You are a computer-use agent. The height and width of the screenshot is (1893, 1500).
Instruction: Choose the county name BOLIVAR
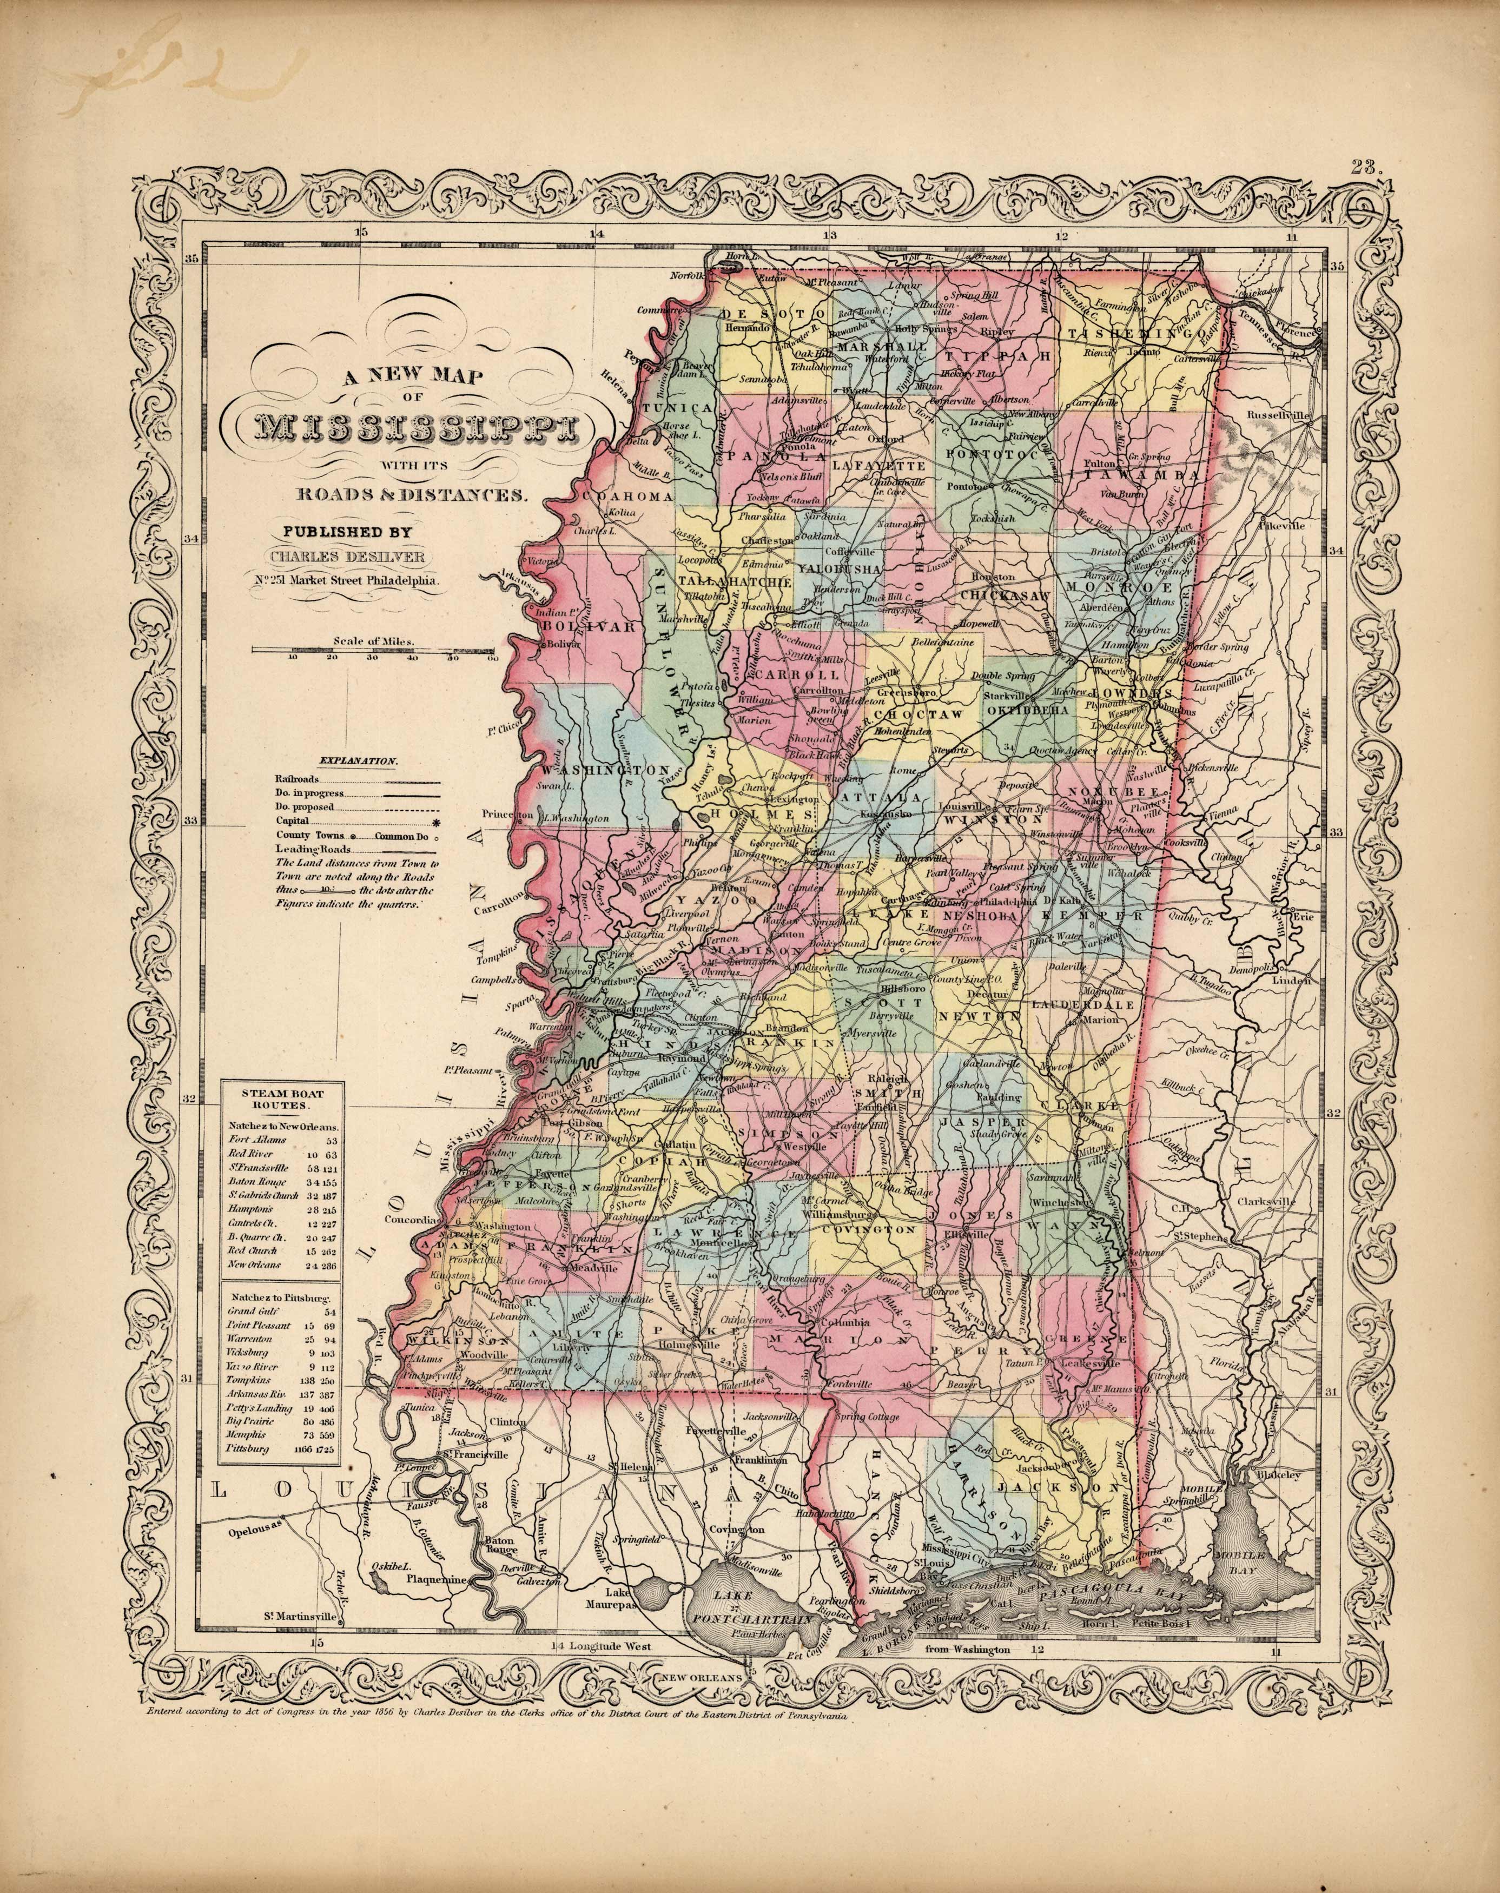(576, 627)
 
